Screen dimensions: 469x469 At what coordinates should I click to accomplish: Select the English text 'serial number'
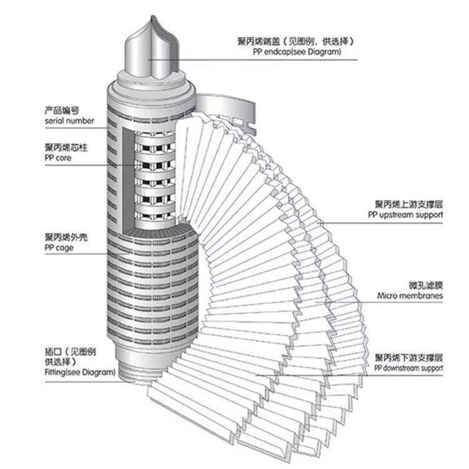[x=69, y=121]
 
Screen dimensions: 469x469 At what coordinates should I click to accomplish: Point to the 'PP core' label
[x=58, y=158]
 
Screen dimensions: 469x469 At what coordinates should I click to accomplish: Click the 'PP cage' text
[x=59, y=248]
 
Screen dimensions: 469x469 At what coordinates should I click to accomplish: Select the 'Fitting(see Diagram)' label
[x=79, y=372]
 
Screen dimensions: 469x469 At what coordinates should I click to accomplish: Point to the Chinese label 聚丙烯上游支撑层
[x=409, y=204]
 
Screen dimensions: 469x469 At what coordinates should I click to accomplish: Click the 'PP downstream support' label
[x=409, y=368]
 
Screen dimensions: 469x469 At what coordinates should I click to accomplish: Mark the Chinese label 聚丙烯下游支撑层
[x=409, y=358]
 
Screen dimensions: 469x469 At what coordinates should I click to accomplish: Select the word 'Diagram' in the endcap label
[x=325, y=52]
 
